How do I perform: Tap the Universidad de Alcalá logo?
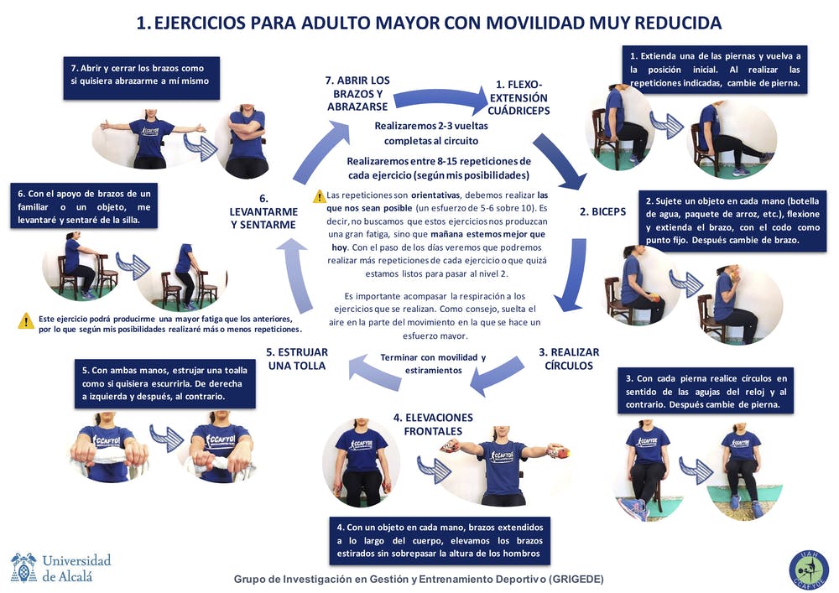pos(60,568)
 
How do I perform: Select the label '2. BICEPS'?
pos(602,212)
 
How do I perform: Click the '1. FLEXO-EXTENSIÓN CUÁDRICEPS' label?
pos(519,97)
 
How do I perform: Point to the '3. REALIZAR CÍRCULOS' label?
pos(569,359)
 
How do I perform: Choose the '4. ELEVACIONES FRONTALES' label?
pos(433,424)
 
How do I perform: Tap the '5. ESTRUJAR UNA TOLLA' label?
pos(297,359)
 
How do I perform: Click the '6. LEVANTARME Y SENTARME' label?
pos(263,212)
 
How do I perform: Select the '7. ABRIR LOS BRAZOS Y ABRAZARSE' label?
pos(357,94)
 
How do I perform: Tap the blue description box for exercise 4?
pos(440,541)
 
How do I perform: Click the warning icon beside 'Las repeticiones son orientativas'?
pos(319,196)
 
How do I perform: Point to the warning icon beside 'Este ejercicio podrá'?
pos(26,320)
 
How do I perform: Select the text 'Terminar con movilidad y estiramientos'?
pos(433,364)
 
